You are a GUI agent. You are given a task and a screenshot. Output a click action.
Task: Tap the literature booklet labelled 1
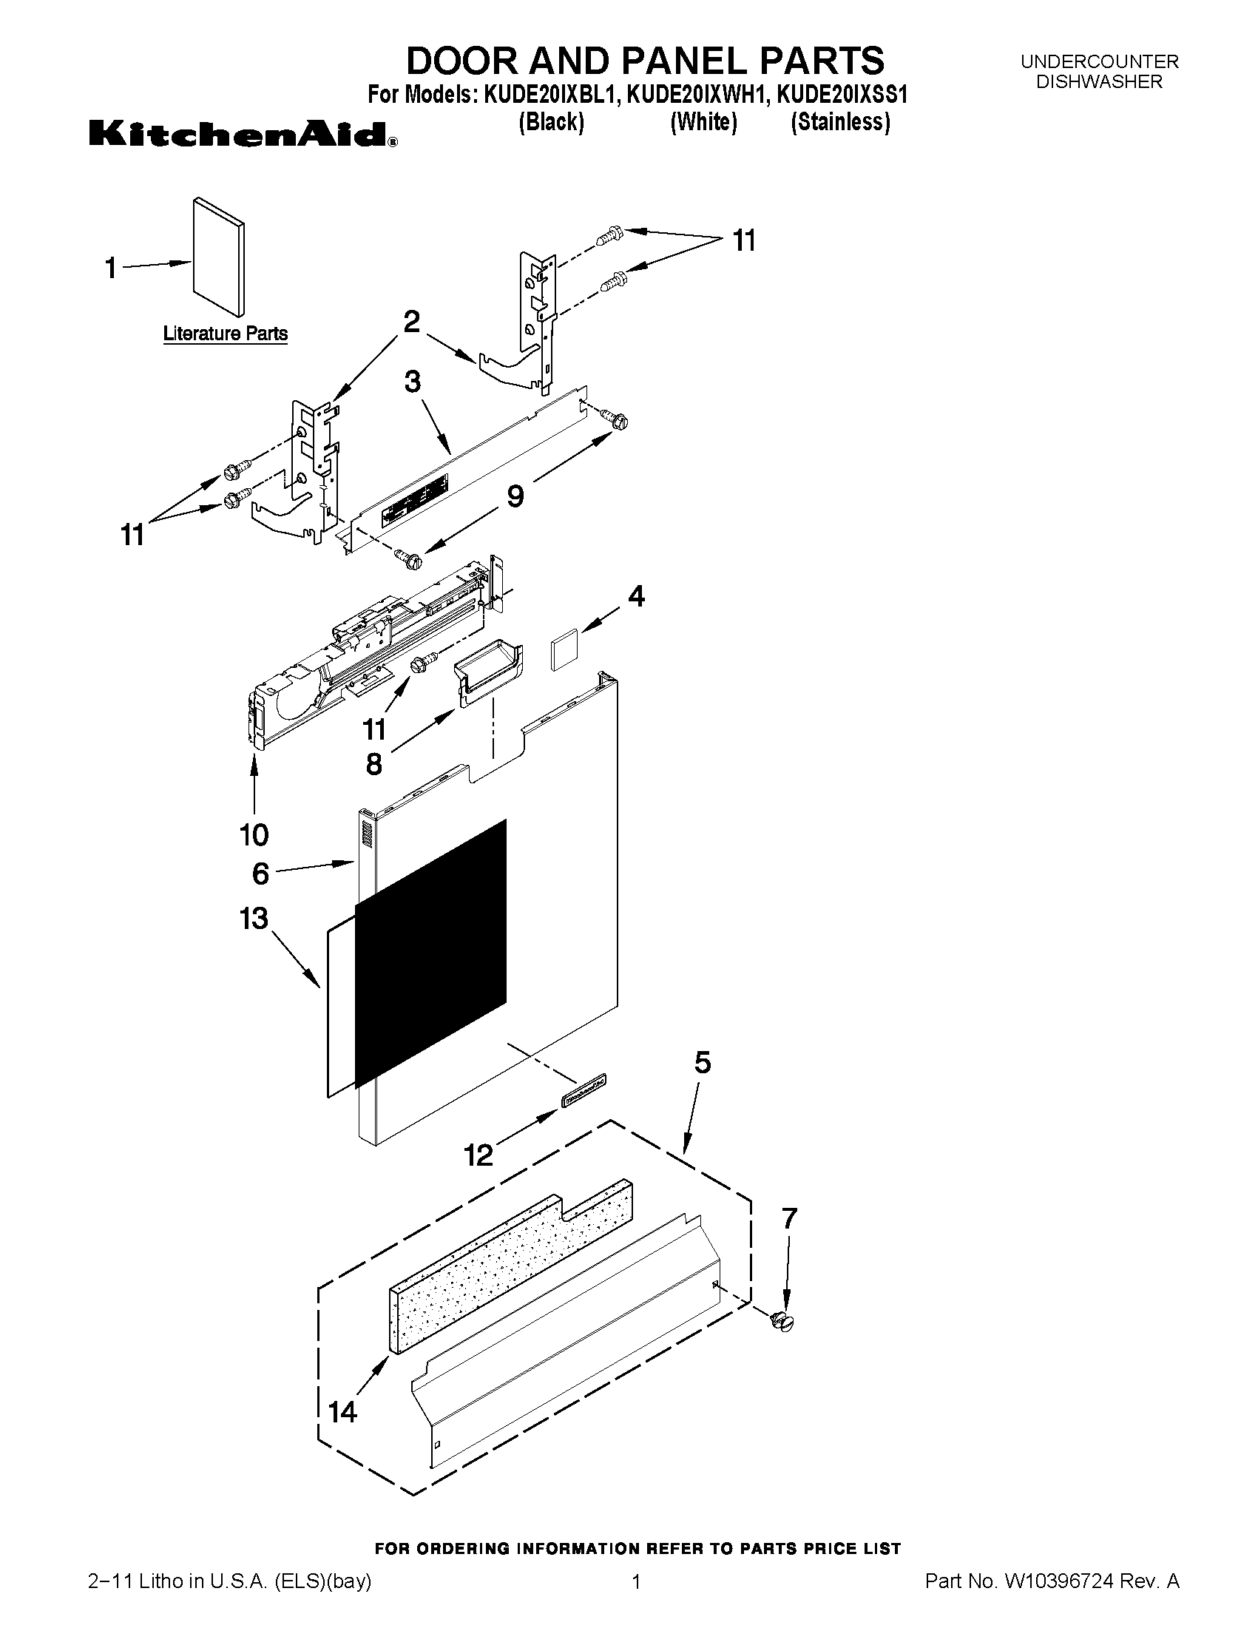pyautogui.click(x=217, y=257)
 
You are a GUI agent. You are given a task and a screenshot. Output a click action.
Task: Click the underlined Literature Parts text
pyautogui.click(x=225, y=333)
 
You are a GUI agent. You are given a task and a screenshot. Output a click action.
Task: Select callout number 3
pyautogui.click(x=413, y=382)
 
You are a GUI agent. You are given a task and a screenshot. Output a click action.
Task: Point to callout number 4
pyautogui.click(x=636, y=595)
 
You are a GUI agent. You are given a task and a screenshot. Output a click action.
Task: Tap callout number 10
pyautogui.click(x=254, y=834)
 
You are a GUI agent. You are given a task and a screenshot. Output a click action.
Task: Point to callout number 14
pyautogui.click(x=343, y=1411)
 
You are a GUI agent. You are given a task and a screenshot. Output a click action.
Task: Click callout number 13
pyautogui.click(x=254, y=919)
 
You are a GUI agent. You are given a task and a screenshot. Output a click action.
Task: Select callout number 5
pyautogui.click(x=703, y=1063)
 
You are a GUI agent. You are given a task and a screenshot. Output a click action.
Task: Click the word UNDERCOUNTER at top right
pyautogui.click(x=1099, y=61)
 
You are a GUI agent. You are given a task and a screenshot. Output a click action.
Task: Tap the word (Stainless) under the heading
pyautogui.click(x=840, y=121)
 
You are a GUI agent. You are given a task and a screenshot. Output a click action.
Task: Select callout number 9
pyautogui.click(x=515, y=495)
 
